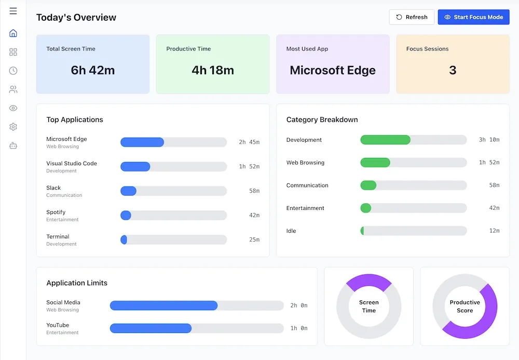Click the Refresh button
coord(412,17)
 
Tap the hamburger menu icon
coord(13,11)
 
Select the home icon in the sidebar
coord(13,33)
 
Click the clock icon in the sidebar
coord(13,71)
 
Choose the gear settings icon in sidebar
coord(13,127)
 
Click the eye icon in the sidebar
coord(13,108)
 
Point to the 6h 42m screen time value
coord(93,70)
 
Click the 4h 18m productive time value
coord(213,70)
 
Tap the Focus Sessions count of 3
coord(453,70)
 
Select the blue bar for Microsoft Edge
coord(142,142)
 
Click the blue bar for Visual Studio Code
coord(135,167)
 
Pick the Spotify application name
coord(56,212)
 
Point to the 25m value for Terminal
coord(254,239)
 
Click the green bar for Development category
coord(385,140)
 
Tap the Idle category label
coord(291,231)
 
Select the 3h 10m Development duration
coord(489,140)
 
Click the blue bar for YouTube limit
coord(151,328)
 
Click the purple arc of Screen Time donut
coord(368,280)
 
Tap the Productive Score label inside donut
coord(465,306)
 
